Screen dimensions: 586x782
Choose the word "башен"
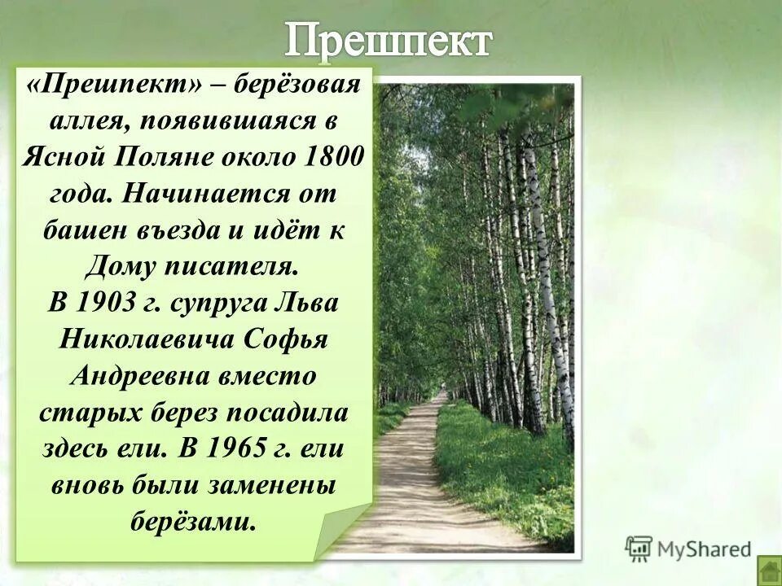pos(81,230)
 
